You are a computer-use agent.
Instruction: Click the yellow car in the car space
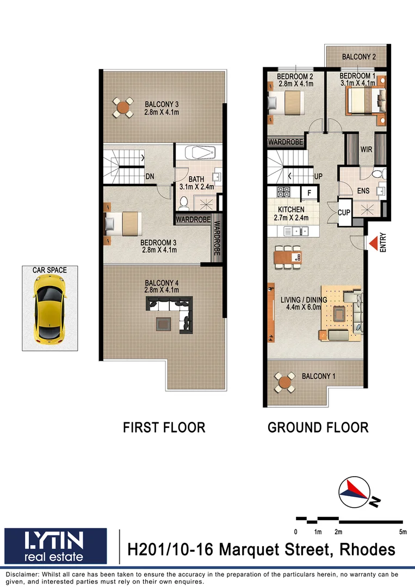49,308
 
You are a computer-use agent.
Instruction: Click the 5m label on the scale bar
402,532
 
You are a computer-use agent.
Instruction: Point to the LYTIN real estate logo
55,546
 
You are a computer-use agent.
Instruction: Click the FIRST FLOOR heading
164,427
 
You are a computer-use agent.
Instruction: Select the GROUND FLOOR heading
318,427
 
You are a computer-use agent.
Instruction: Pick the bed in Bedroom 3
126,223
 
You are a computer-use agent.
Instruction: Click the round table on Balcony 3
124,108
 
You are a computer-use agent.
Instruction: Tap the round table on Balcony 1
284,382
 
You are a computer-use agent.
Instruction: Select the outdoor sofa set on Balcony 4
172,314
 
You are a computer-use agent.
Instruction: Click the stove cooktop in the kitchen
284,192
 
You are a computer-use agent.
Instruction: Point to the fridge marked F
309,192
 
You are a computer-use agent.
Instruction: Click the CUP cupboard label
344,213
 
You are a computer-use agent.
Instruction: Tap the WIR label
366,149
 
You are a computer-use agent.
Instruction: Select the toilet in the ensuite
376,174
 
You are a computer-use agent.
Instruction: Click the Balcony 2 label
358,57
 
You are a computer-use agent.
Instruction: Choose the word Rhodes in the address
368,549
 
